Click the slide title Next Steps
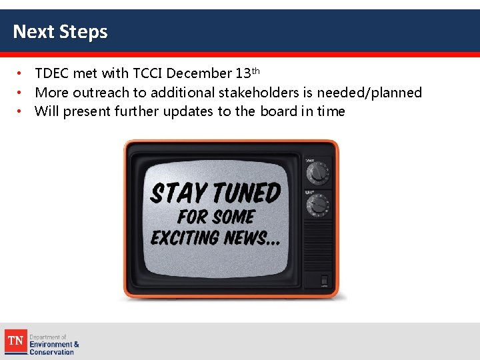[60, 31]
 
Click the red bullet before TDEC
[21, 73]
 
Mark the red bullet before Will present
[21, 111]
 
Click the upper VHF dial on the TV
[318, 173]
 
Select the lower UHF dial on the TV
[318, 203]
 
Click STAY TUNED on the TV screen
[215, 193]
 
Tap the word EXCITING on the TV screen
[184, 237]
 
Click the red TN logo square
[15, 341]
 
